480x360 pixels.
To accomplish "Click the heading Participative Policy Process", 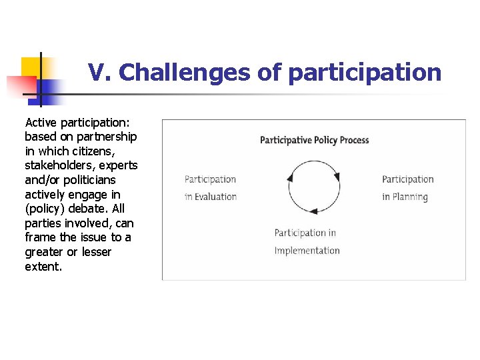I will (314, 140).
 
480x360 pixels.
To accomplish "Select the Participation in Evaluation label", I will (210, 188).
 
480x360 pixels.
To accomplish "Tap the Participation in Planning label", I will (407, 188).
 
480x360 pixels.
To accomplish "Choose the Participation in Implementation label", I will (307, 241).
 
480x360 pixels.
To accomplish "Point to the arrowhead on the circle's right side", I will (337, 177).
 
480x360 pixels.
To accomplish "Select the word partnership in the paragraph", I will (107, 137).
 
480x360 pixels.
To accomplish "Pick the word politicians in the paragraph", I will (89, 180).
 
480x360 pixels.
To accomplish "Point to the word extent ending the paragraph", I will (43, 267).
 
